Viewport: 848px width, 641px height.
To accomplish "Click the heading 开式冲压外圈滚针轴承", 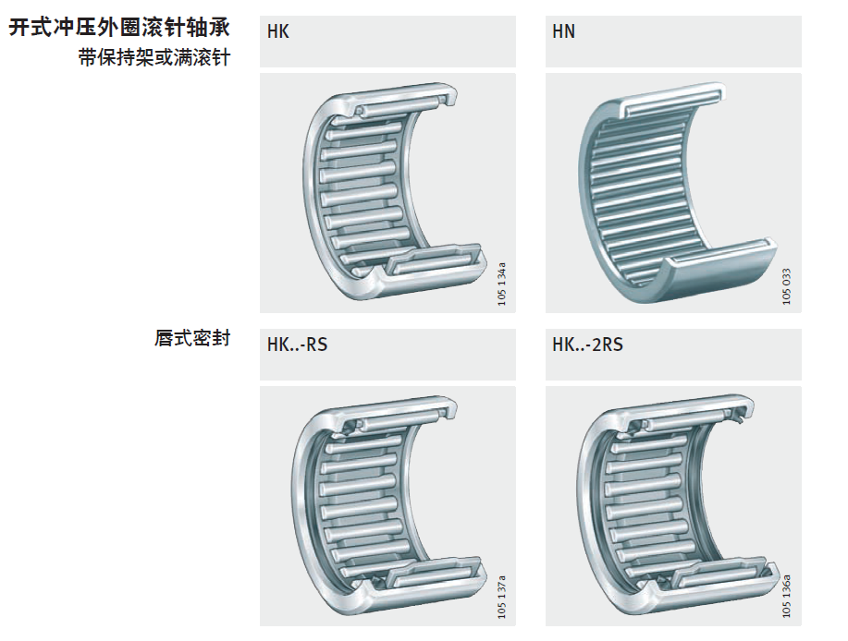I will point(119,28).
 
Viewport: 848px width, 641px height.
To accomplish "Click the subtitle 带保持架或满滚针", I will point(154,59).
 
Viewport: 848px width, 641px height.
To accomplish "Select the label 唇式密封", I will point(191,339).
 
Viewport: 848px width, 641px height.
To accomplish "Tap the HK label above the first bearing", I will point(278,32).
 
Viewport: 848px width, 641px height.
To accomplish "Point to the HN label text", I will point(563,32).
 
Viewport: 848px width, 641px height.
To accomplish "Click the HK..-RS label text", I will point(297,345).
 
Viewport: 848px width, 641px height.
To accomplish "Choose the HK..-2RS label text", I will point(587,345).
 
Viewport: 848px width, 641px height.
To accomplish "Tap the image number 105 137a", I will point(502,597).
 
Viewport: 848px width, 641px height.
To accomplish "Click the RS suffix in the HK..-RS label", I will point(316,345).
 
